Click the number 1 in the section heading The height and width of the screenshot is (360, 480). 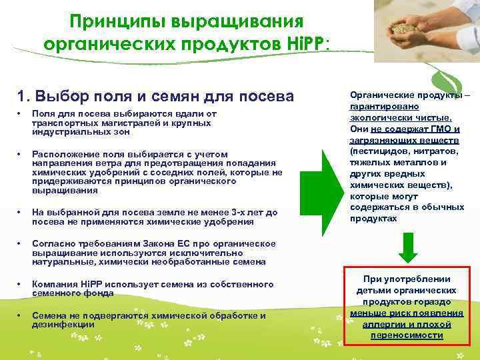tap(23, 95)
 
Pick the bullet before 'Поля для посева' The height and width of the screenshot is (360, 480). tap(20, 114)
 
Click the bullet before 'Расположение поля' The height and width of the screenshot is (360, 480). tap(20, 154)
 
